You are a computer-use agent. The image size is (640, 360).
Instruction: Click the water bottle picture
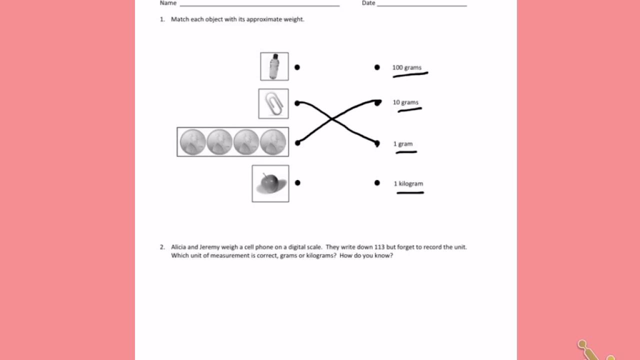[x=274, y=66]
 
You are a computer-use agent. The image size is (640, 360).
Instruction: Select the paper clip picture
[x=273, y=104]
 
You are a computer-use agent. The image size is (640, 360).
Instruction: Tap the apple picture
[x=270, y=183]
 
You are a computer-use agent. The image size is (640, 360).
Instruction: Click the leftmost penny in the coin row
[x=192, y=142]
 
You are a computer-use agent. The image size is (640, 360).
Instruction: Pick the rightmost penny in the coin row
[x=273, y=142]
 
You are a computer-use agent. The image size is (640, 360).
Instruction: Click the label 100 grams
[x=406, y=67]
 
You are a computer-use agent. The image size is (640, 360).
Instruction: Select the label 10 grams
[x=405, y=102]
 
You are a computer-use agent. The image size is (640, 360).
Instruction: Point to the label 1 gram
[x=402, y=144]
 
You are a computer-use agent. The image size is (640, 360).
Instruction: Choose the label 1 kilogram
[x=408, y=183]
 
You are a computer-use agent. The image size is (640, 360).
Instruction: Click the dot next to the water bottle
[x=297, y=67]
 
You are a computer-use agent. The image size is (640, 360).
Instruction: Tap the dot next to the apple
[x=297, y=183]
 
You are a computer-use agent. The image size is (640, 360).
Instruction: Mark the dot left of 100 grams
[x=377, y=67]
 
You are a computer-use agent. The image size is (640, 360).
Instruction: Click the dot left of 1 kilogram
[x=377, y=183]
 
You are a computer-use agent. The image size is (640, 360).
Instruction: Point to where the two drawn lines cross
[x=331, y=118]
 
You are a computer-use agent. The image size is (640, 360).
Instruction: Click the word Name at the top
[x=168, y=3]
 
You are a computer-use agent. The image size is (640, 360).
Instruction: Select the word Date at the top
[x=368, y=3]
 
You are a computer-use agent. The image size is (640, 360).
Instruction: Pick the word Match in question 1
[x=179, y=19]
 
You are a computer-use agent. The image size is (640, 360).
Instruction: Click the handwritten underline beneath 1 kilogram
[x=410, y=192]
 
